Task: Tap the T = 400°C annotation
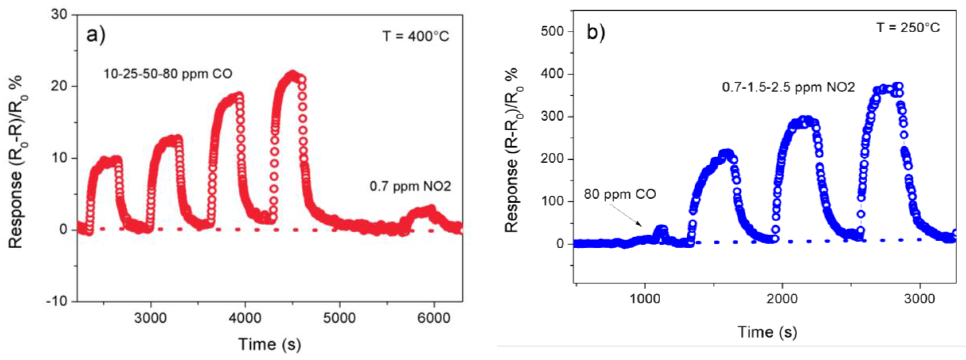[x=415, y=36]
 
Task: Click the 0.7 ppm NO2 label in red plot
[x=410, y=186]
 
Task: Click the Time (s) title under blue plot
[x=767, y=331]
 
